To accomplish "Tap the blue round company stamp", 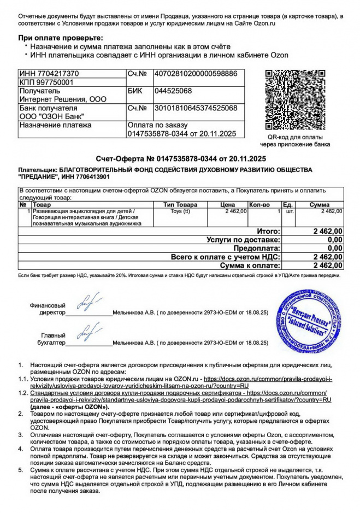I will point(309,321).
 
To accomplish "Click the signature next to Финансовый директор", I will point(89,302).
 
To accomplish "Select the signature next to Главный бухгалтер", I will point(89,331).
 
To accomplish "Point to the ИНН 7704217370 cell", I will point(49,73).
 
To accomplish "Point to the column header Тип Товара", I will point(180,204).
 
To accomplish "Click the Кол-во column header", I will point(259,204).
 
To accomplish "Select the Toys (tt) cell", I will point(180,210).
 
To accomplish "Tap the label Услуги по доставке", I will point(243,240).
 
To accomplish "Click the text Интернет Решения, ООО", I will point(63,99).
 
